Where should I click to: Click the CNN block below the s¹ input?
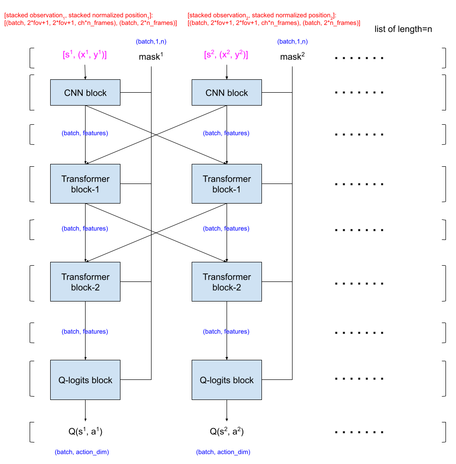(x=85, y=93)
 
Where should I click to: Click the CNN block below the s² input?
(x=227, y=93)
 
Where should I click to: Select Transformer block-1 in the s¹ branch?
(x=85, y=184)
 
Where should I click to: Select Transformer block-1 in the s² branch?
(x=227, y=184)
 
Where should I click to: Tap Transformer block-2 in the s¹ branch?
(x=85, y=282)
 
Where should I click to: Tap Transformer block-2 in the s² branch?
(x=227, y=282)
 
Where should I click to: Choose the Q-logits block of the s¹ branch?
(x=85, y=380)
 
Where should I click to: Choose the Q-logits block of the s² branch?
(x=227, y=380)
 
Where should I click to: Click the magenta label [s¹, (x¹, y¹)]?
(x=85, y=55)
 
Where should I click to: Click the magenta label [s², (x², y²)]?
(x=226, y=55)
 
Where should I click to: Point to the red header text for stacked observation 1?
(x=90, y=19)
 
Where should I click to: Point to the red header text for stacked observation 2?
(x=274, y=19)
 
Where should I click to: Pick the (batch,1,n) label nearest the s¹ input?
(x=151, y=42)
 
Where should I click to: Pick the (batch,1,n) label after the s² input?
(x=293, y=42)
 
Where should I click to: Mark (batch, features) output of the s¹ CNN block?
(x=85, y=133)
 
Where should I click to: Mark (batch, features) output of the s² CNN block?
(x=226, y=133)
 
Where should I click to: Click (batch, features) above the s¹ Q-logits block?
(x=85, y=332)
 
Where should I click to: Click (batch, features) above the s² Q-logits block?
(x=226, y=332)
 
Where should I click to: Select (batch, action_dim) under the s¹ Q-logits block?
(x=82, y=452)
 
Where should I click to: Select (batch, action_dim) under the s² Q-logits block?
(x=223, y=452)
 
